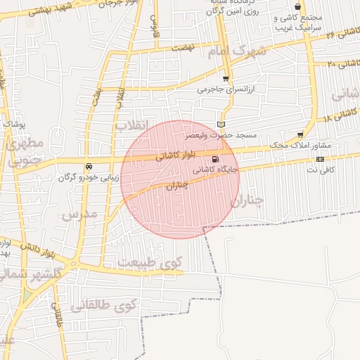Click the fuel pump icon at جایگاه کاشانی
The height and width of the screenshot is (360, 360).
[x=215, y=159]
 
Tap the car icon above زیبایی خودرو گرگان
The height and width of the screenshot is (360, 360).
[x=88, y=167]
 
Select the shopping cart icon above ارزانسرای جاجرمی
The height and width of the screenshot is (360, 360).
[x=226, y=79]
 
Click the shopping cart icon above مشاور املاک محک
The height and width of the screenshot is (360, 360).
[x=301, y=134]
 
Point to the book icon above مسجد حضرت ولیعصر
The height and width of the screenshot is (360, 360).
[x=221, y=124]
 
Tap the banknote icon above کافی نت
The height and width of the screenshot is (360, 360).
[x=321, y=159]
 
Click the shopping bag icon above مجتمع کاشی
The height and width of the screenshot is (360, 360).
[x=297, y=6]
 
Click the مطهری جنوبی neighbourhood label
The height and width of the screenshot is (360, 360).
[x=25, y=152]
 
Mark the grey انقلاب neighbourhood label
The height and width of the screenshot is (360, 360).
[x=133, y=125]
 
